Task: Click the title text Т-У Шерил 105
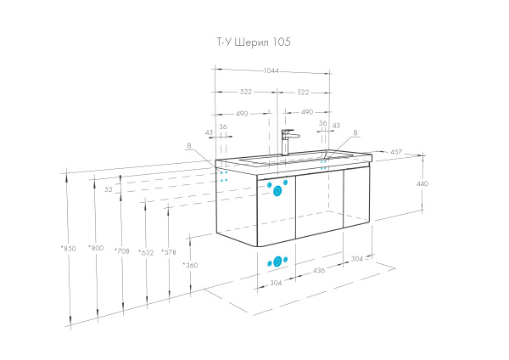254,42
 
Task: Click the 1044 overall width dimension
271,70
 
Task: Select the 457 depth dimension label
395,152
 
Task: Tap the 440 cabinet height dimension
422,183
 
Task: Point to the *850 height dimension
68,249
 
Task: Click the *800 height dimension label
96,248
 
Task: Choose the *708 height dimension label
121,250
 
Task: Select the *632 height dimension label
146,252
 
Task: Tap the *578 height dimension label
169,252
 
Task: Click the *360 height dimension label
190,265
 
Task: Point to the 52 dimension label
109,189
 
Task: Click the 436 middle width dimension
319,270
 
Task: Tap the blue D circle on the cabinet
277,191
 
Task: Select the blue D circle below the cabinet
277,262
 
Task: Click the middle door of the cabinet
320,204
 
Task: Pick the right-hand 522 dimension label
303,93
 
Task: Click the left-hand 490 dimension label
242,114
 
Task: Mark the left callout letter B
189,146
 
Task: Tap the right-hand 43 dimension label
336,126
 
